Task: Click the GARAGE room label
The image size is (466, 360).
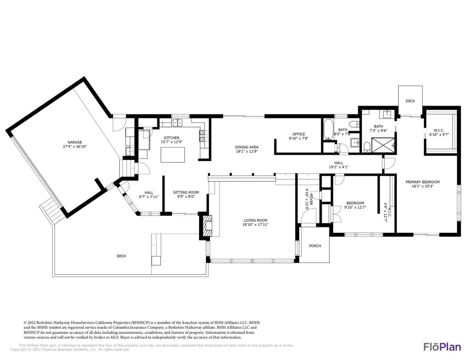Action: coord(75,142)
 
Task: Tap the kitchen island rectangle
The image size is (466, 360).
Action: coord(173,155)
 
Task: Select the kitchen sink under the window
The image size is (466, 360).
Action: coord(178,122)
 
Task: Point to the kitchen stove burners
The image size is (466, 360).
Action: coord(202,136)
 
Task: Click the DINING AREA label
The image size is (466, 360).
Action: coord(246,147)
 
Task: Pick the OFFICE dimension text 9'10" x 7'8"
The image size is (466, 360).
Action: coord(299,139)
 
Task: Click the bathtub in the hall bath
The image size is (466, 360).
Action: coord(328,129)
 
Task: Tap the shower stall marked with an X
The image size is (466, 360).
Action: coord(383,145)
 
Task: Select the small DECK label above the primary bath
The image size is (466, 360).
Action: coord(410,101)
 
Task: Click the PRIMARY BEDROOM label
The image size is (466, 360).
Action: coord(422,182)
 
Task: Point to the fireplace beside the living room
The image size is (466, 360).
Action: coord(206,226)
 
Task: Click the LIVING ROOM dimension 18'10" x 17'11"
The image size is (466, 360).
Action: coord(256,225)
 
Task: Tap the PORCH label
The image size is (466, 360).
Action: coord(315,246)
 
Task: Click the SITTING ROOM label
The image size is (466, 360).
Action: coord(186,192)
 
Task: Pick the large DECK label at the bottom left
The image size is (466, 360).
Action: coord(121,256)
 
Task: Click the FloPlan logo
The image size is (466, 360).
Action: coord(442,347)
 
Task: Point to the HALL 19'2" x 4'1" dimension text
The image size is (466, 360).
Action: coord(339,167)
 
